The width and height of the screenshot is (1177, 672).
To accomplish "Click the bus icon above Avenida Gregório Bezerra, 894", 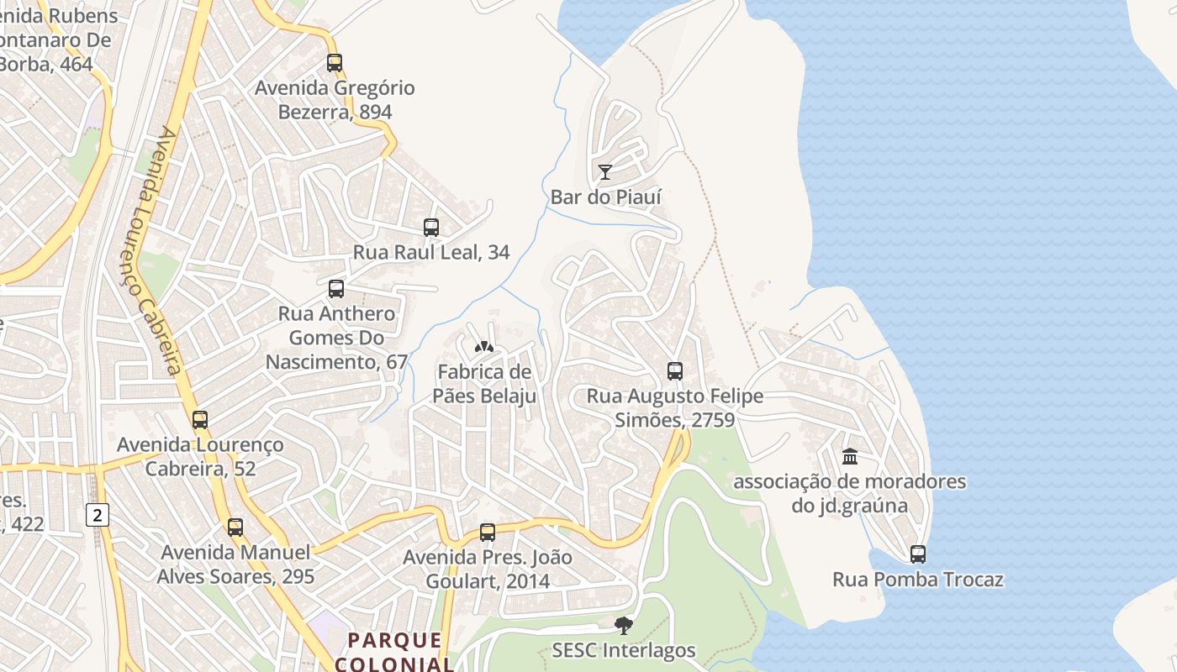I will [335, 63].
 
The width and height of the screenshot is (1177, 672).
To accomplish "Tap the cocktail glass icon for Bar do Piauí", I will [604, 172].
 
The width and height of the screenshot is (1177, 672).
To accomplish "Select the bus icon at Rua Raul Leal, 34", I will [431, 227].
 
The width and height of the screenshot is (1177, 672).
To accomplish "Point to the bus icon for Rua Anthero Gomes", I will [336, 289].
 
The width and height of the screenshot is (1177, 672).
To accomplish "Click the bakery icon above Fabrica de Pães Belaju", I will [483, 346].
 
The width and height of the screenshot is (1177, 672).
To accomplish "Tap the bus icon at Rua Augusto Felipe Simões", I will [674, 371].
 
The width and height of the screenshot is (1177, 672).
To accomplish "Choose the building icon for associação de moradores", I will [850, 457].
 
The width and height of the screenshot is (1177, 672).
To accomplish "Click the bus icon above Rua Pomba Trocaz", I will [918, 554].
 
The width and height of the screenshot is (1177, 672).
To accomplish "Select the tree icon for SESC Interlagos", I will [623, 625].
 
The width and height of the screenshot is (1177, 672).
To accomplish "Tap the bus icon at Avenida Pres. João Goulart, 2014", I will [488, 532].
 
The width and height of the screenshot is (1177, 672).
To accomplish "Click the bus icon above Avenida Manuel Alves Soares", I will [235, 528].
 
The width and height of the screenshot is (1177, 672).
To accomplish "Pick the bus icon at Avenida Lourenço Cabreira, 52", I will [200, 420].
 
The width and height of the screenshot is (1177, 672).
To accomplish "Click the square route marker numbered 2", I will [98, 515].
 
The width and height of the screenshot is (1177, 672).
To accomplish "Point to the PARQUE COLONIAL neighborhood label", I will [395, 652].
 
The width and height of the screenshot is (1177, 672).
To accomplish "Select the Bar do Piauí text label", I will [605, 197].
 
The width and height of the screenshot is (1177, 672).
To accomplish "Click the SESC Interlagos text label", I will [624, 650].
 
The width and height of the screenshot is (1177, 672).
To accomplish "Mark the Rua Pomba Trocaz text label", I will [918, 580].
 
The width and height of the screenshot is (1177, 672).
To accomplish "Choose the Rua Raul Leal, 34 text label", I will [431, 252].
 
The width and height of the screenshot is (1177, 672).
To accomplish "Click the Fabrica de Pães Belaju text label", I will [484, 384].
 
